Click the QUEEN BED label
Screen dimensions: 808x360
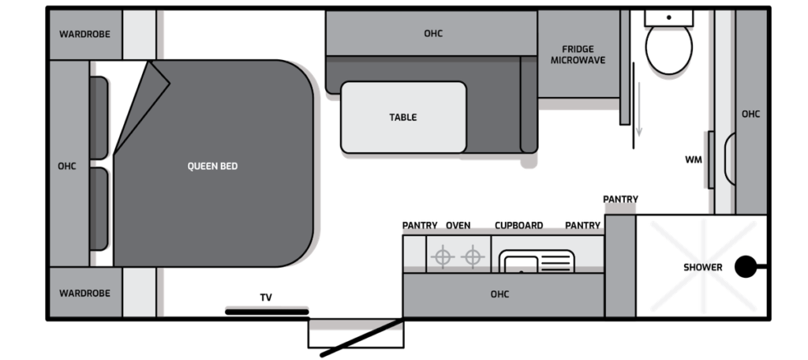212,167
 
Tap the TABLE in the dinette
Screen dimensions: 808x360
403,117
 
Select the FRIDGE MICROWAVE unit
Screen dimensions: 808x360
578,54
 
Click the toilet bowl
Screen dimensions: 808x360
669,49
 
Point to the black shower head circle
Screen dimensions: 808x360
746,267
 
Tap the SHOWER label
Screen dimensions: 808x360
703,267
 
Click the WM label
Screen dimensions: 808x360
693,160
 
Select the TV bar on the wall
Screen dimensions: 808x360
267,312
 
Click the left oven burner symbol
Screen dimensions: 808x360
443,257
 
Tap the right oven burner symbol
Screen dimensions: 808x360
473,257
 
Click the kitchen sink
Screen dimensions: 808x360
537,261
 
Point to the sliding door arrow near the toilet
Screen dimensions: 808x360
639,109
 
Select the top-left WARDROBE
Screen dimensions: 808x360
85,35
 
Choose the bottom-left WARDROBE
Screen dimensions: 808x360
85,292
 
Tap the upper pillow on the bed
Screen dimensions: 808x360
99,118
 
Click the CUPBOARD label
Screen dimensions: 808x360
519,225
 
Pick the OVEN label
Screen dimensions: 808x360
458,225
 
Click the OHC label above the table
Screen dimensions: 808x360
433,33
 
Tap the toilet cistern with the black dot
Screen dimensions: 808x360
669,17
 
